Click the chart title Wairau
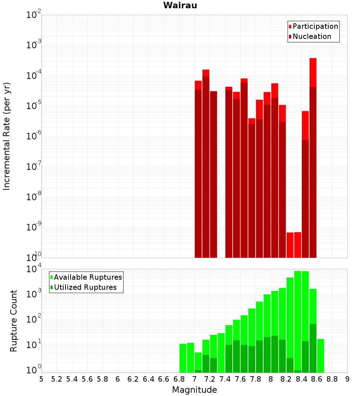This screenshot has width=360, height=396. [180, 5]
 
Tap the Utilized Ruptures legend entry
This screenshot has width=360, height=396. [85, 287]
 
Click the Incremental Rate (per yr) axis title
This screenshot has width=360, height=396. [7, 136]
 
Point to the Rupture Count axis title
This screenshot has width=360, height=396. [14, 320]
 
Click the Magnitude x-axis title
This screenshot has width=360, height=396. [194, 390]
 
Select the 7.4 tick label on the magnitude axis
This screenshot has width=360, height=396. [225, 379]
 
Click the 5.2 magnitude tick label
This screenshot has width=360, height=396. [57, 379]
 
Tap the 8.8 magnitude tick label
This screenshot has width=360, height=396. [332, 379]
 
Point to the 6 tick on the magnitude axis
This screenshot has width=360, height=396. [118, 379]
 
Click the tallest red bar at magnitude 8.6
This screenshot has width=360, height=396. [313, 72]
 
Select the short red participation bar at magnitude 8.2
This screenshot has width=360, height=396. [290, 245]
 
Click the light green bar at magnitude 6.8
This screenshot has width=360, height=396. [183, 358]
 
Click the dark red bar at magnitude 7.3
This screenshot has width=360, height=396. [213, 173]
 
